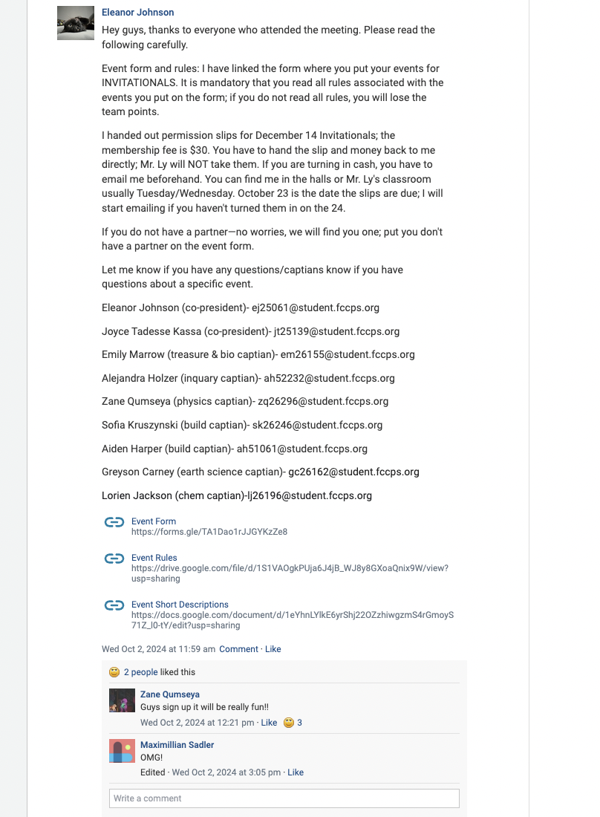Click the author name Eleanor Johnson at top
(137, 13)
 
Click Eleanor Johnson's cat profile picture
(76, 24)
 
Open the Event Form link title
(154, 521)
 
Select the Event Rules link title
(154, 558)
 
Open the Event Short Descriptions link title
(180, 605)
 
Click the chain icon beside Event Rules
(114, 559)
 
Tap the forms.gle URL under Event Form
(209, 532)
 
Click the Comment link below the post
(238, 649)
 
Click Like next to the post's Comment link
(273, 649)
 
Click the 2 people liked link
(140, 672)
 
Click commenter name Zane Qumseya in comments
(170, 694)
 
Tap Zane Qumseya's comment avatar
(122, 700)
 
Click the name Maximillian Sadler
(177, 745)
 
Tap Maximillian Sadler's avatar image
(122, 751)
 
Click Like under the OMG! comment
(296, 772)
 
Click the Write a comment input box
(284, 798)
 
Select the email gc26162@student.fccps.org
(353, 472)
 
